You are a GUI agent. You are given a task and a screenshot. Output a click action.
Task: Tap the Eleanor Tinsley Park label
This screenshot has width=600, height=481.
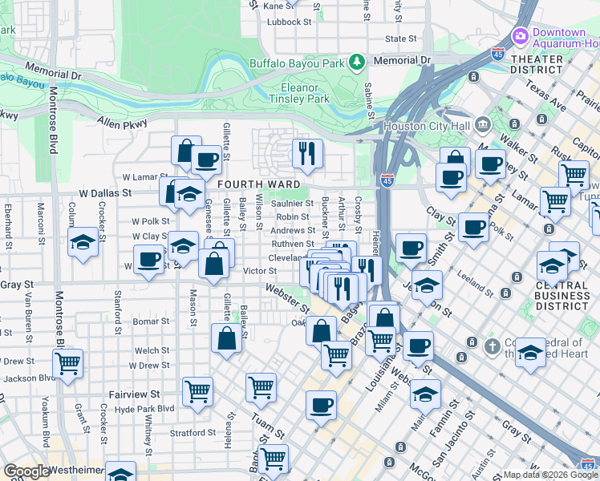tap(306, 93)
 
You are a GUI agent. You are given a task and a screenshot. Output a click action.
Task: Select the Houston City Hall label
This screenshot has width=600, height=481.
tap(428, 125)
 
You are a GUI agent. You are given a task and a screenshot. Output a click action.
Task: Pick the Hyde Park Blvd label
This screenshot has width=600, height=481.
tap(144, 408)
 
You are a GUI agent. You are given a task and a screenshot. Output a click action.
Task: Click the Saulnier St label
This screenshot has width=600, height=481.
tap(292, 204)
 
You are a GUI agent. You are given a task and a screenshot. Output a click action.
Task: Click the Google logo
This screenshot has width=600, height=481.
tap(26, 471)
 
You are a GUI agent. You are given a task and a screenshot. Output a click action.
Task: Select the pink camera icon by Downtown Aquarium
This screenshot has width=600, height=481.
tap(520, 36)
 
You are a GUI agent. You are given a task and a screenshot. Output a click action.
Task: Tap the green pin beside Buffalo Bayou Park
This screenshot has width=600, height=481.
tap(357, 62)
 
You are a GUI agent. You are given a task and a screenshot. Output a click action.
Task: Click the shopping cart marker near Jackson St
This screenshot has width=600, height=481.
tap(67, 364)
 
